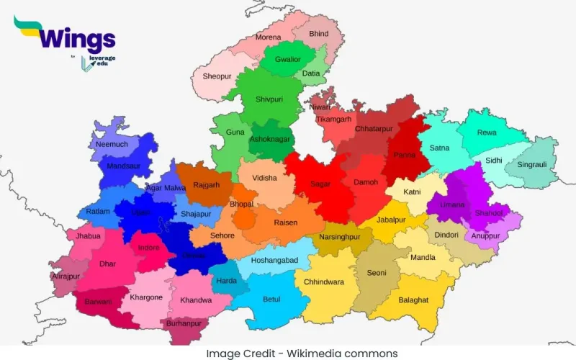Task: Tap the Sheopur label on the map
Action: click(x=217, y=76)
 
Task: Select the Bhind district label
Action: click(x=318, y=34)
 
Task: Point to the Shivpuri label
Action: click(x=269, y=99)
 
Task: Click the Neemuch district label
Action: click(x=112, y=144)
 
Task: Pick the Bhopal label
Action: click(x=242, y=204)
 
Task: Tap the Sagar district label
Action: click(x=320, y=184)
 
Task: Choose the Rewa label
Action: click(x=487, y=132)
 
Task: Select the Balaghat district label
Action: click(x=413, y=300)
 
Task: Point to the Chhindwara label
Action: click(x=323, y=282)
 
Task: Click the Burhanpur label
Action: click(x=183, y=323)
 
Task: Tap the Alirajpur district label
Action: click(x=66, y=276)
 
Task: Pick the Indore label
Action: click(x=149, y=248)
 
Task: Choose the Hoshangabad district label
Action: click(x=274, y=260)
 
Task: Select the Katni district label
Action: click(x=412, y=192)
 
